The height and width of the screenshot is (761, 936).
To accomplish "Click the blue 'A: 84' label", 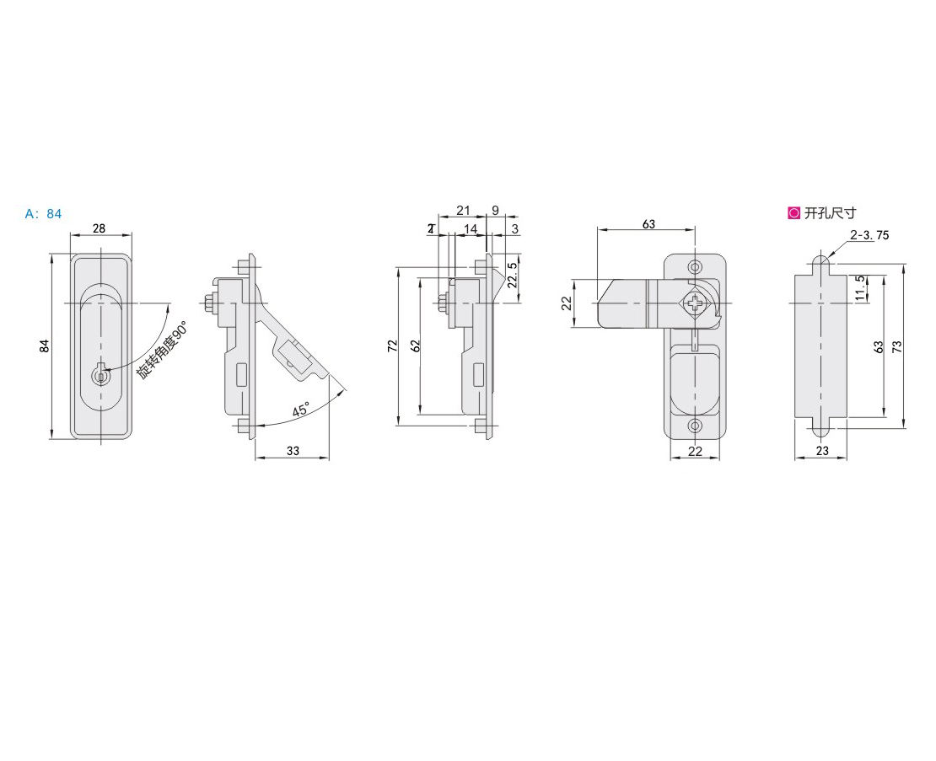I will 43,214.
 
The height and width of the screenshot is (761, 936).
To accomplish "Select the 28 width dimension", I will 100,228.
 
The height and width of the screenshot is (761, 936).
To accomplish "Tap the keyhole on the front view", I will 100,375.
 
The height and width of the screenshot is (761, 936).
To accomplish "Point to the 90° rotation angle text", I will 162,350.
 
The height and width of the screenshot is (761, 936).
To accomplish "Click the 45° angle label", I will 299,410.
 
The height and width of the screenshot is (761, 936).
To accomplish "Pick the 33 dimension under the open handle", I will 292,451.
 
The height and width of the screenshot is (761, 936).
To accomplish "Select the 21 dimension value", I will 463,211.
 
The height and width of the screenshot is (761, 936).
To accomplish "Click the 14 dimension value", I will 469,228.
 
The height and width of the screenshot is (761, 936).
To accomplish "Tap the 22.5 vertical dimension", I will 513,276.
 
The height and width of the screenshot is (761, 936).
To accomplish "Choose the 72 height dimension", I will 392,346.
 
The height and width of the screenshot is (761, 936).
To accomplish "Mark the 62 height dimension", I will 415,346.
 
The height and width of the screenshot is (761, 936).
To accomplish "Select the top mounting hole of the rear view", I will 695,266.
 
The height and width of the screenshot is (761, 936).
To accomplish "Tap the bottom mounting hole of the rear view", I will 695,426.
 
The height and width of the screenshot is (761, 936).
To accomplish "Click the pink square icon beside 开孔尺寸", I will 793,213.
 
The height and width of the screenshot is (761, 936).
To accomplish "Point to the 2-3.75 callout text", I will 869,235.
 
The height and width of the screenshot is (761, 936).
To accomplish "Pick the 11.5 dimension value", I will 859,287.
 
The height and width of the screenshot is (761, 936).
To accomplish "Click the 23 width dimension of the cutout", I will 822,451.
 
